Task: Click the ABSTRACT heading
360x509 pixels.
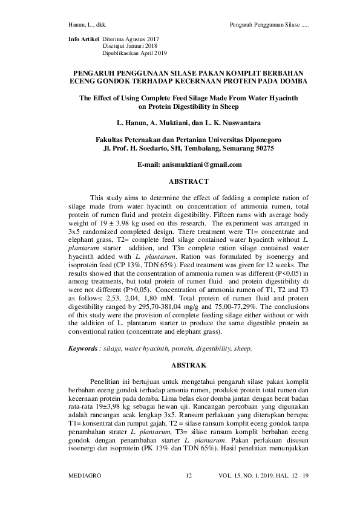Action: (188, 181)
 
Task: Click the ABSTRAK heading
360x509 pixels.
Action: (188, 366)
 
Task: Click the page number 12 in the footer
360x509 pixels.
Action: (188, 476)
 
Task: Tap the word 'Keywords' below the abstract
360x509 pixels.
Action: (82, 349)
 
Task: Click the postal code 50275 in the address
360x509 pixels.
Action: (262, 148)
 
